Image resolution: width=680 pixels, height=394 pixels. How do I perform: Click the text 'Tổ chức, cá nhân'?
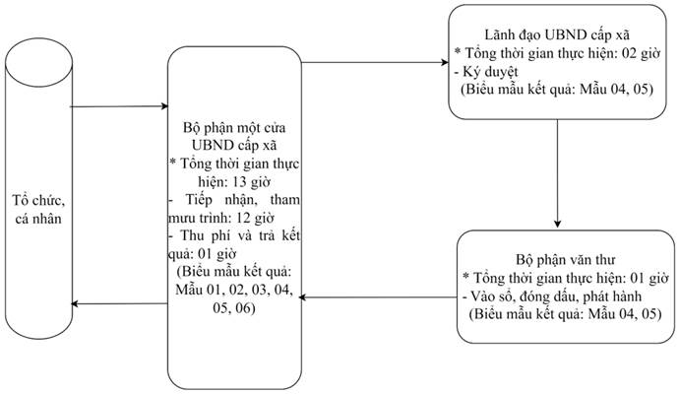38,209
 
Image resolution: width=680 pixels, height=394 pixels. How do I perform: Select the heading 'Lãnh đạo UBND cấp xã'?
557,34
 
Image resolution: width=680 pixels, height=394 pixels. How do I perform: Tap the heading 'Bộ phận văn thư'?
566,259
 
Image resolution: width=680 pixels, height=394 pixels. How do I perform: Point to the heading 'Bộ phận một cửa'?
234,128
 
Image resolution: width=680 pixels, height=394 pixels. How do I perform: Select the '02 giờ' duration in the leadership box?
641,53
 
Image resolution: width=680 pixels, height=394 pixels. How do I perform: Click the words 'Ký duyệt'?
490,71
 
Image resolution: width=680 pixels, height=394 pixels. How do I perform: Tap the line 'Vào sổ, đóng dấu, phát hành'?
556,295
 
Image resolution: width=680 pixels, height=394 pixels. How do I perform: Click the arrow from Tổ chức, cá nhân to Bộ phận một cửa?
119,106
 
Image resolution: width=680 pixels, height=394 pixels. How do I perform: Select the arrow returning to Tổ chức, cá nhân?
119,303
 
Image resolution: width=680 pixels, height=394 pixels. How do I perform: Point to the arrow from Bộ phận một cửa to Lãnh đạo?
375,62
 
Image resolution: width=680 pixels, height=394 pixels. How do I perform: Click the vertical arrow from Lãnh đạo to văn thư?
558,173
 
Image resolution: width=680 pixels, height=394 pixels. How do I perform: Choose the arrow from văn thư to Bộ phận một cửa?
378,297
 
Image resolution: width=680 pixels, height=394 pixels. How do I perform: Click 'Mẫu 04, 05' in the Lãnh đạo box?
616,90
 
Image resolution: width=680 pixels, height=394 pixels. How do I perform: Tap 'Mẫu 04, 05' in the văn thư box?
625,314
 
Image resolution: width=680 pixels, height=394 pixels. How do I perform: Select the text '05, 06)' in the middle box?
234,307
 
